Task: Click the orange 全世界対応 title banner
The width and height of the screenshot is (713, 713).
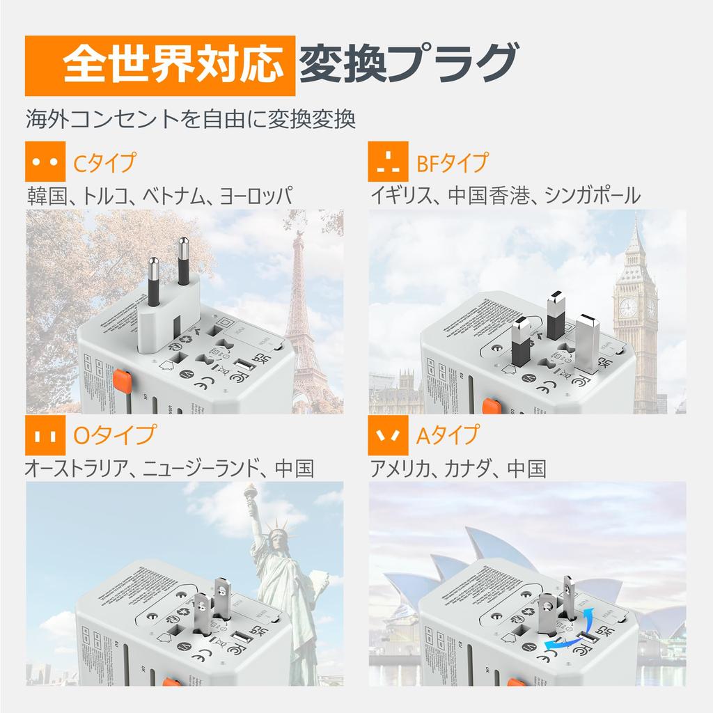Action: point(156,65)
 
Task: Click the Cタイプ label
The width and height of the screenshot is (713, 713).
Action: point(104,163)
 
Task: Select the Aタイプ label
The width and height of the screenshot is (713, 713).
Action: point(448,436)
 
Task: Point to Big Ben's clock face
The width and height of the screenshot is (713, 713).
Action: point(628,306)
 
